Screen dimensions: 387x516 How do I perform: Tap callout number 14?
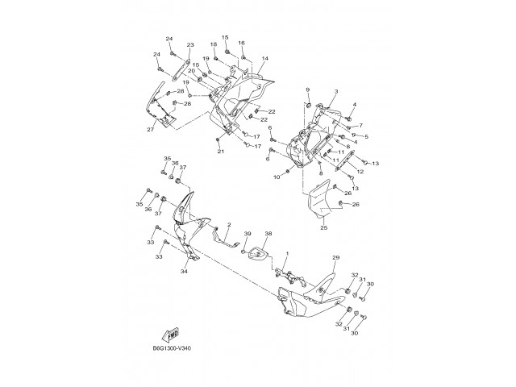click(265, 59)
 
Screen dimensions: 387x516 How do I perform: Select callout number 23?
click(190, 45)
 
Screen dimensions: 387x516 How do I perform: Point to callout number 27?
click(150, 129)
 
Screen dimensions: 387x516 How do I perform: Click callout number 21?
click(219, 151)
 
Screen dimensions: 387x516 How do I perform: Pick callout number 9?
click(307, 89)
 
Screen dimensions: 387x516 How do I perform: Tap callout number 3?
click(335, 93)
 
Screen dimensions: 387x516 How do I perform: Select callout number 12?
click(360, 171)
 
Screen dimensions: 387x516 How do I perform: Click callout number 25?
click(323, 228)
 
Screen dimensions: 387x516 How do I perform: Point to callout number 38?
click(268, 235)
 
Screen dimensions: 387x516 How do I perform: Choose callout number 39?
click(248, 234)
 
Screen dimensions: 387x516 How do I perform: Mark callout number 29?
click(335, 257)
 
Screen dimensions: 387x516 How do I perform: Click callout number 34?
click(185, 272)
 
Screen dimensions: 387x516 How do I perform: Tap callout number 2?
click(229, 226)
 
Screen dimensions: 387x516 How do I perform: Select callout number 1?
click(285, 255)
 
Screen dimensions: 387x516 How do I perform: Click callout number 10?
click(276, 177)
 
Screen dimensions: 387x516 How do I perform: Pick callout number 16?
click(241, 43)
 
